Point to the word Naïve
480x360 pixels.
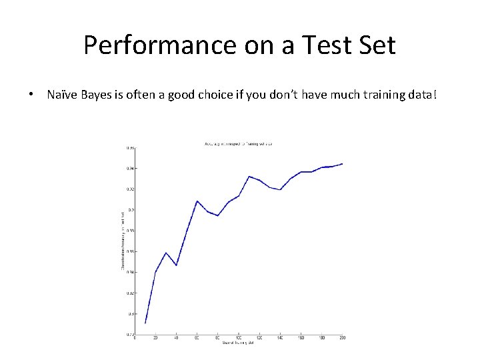(x=63, y=95)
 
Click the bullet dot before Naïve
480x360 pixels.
(x=32, y=95)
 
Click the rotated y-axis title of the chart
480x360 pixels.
(x=122, y=241)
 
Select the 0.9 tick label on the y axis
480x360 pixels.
(x=132, y=210)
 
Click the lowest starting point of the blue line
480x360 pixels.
(x=145, y=323)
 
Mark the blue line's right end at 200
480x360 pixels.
(x=342, y=163)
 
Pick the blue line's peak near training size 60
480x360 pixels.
(x=197, y=201)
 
